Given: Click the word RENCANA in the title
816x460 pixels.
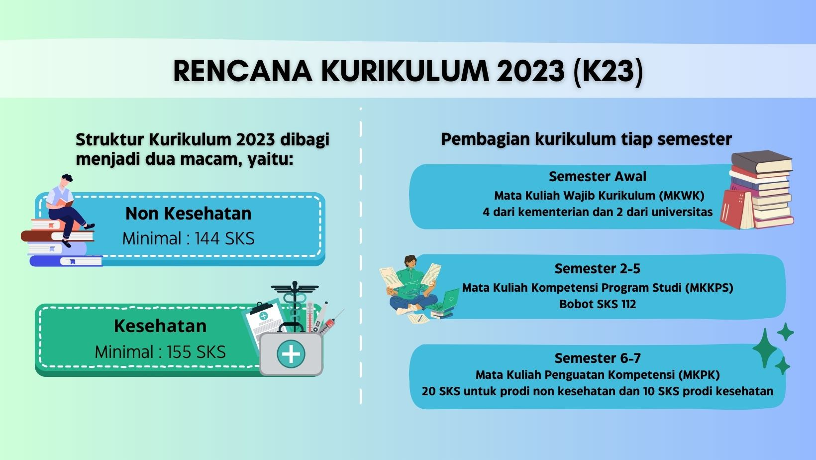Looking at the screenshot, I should pyautogui.click(x=242, y=71).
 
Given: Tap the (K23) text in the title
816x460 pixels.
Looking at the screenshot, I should pyautogui.click(x=608, y=71).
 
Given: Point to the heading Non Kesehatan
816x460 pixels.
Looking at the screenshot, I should pyautogui.click(x=188, y=214).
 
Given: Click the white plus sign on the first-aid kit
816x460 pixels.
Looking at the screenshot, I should pyautogui.click(x=291, y=354).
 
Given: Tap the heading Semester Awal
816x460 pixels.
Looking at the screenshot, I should pyautogui.click(x=597, y=177).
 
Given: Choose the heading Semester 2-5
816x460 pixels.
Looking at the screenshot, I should pyautogui.click(x=597, y=269).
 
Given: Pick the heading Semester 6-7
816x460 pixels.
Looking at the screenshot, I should pyautogui.click(x=597, y=358).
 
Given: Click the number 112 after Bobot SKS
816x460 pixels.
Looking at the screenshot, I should pyautogui.click(x=628, y=304).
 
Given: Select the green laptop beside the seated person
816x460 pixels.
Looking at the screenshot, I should pyautogui.click(x=448, y=301).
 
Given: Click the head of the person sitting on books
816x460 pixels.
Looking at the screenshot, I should pyautogui.click(x=66, y=180).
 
